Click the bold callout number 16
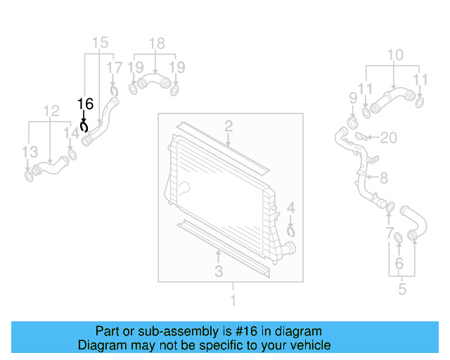(x=85, y=104)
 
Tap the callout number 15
(x=100, y=43)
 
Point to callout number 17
(x=114, y=67)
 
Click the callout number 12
(x=51, y=111)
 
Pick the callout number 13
(x=29, y=152)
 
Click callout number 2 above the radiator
(x=229, y=127)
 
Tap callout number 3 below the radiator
(x=219, y=271)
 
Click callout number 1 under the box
(x=233, y=301)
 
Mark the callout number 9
(x=353, y=97)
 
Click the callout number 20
(x=389, y=137)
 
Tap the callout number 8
(x=384, y=179)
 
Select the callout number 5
(x=401, y=288)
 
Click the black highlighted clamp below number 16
(x=84, y=127)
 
